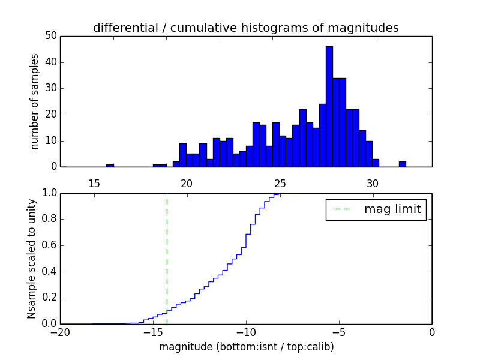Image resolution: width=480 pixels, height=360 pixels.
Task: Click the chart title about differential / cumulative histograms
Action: click(x=245, y=28)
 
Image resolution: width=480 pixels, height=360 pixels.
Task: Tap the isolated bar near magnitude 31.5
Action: click(x=402, y=164)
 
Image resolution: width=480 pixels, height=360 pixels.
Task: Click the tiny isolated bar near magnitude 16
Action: click(x=110, y=165)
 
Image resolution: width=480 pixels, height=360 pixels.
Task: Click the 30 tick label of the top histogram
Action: click(x=372, y=184)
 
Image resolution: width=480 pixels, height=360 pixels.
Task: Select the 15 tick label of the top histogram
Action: click(x=94, y=184)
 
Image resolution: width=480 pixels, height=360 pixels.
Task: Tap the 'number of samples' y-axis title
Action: click(x=35, y=101)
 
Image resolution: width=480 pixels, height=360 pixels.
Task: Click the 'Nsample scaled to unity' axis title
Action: click(x=32, y=259)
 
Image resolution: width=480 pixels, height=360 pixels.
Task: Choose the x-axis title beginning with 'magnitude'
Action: click(x=246, y=347)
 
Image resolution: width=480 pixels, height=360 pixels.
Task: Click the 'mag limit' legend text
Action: click(x=392, y=209)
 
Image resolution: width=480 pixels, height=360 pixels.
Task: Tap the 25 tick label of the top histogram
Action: click(x=280, y=184)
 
